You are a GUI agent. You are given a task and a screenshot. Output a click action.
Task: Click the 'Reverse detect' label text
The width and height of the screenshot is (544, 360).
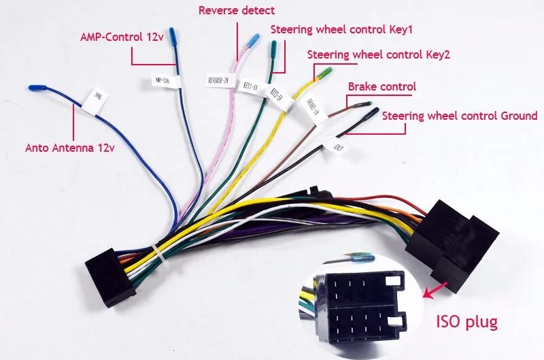237,10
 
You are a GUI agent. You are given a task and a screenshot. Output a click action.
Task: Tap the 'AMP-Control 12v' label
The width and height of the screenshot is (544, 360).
122,37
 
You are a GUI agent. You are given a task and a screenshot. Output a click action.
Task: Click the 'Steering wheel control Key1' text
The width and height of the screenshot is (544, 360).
342,30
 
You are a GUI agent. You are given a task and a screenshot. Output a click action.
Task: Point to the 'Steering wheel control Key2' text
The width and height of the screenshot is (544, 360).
379,54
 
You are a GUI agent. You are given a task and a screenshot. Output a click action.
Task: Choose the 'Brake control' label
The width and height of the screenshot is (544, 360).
382,87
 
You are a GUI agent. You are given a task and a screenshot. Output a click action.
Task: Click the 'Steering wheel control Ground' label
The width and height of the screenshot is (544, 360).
460,116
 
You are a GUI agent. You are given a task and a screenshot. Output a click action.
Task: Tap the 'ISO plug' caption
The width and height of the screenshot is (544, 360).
466,321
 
